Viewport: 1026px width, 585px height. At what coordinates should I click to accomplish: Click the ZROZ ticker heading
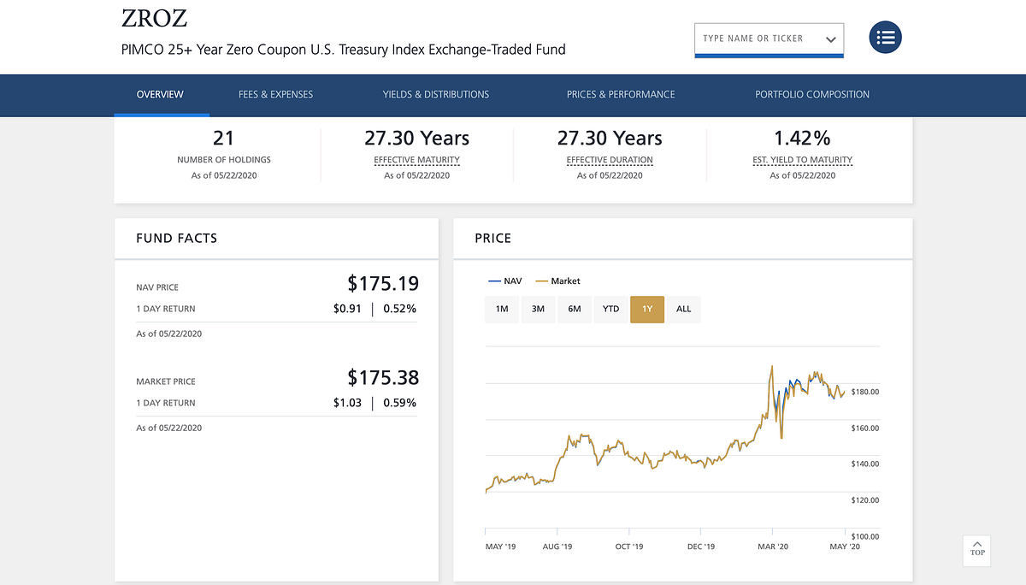point(155,18)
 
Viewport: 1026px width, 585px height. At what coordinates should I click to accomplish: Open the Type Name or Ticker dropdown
point(769,39)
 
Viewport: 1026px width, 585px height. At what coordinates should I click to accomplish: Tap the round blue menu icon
point(885,38)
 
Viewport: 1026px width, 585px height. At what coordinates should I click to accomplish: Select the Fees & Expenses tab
point(275,94)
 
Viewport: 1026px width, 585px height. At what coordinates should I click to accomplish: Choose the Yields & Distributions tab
point(436,94)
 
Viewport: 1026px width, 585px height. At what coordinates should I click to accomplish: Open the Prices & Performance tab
point(621,94)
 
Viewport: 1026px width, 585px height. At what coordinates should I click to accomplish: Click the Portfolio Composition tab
point(812,94)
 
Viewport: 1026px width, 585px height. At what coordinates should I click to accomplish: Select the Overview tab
point(160,94)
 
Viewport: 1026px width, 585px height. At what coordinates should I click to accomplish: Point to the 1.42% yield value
point(802,138)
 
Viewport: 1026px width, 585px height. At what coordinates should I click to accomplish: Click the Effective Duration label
point(610,160)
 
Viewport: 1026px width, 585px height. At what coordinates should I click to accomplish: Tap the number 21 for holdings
point(223,138)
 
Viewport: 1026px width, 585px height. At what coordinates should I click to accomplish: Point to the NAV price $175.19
point(382,283)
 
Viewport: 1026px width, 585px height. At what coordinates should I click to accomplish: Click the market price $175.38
point(382,377)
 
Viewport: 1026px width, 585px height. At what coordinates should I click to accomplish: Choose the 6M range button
point(575,309)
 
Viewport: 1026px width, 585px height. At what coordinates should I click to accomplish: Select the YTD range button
point(610,309)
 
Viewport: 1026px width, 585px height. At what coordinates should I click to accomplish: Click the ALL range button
point(684,309)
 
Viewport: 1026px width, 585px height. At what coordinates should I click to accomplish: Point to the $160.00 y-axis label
point(865,428)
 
